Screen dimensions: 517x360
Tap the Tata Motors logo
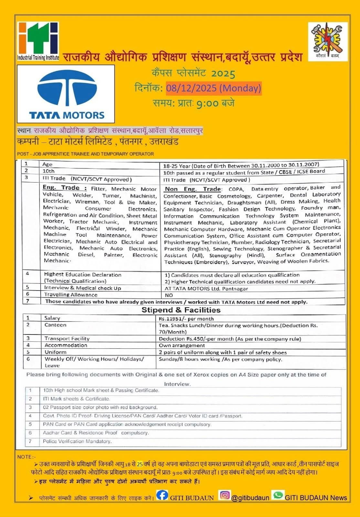tap(66, 94)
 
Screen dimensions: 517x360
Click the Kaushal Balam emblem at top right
tap(328, 41)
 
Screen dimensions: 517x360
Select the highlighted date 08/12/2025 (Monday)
tap(214, 88)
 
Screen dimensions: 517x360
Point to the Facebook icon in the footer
tap(162, 495)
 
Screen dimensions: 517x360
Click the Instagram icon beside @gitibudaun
tap(225, 495)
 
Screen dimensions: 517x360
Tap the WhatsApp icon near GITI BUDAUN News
tap(278, 495)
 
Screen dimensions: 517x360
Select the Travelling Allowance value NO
tap(169, 295)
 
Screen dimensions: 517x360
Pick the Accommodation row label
tap(66, 345)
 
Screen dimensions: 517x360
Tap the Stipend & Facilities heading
tap(181, 310)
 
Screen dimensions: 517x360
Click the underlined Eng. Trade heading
tap(65, 188)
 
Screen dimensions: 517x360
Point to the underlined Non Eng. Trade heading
tap(193, 189)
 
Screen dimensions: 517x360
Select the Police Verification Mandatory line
tap(77, 441)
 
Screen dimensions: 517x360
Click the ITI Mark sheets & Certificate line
tap(76, 399)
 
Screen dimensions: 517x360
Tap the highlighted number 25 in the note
tap(140, 464)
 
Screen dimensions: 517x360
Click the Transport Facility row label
tap(67, 339)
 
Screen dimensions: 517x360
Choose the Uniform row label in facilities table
tap(56, 352)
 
